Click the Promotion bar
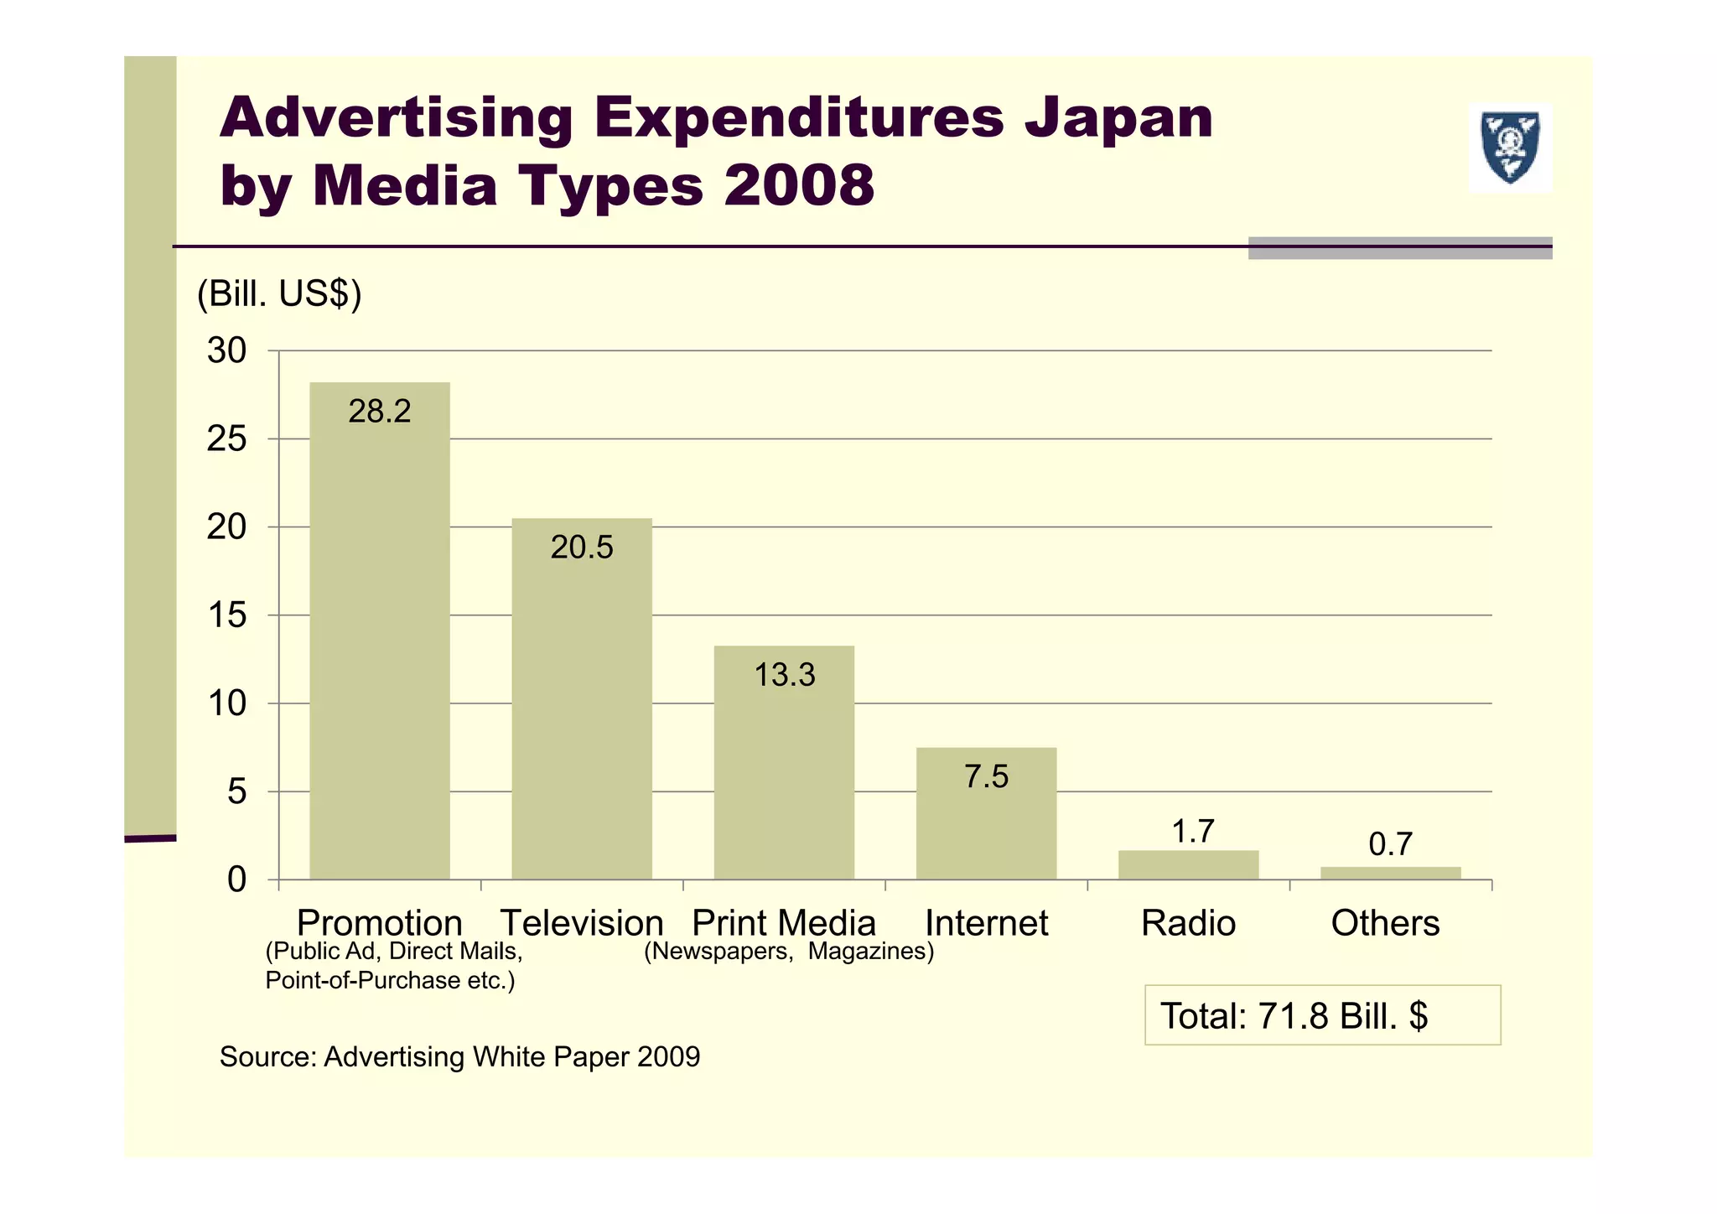pyautogui.click(x=379, y=637)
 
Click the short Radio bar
pyautogui.click(x=1188, y=865)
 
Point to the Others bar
pyautogui.click(x=1390, y=873)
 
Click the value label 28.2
pyautogui.click(x=379, y=412)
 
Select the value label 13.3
pyautogui.click(x=784, y=675)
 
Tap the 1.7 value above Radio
pyautogui.click(x=1192, y=832)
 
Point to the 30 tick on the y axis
pyautogui.click(x=226, y=350)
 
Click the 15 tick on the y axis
pyautogui.click(x=226, y=615)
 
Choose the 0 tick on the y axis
pyautogui.click(x=236, y=879)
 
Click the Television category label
pyautogui.click(x=581, y=923)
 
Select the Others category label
pyautogui.click(x=1385, y=923)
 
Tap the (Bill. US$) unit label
pyautogui.click(x=278, y=294)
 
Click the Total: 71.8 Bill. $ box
pyautogui.click(x=1322, y=1015)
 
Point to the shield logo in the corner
pyautogui.click(x=1510, y=148)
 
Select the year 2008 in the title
pyautogui.click(x=799, y=185)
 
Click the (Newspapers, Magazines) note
pyautogui.click(x=788, y=952)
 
